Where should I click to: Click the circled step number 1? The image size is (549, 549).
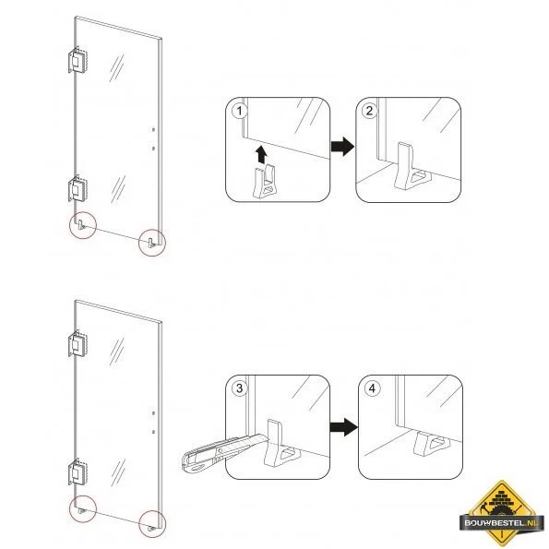(240, 112)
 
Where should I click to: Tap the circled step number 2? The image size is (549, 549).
(369, 112)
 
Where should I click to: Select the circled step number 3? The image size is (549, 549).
(240, 388)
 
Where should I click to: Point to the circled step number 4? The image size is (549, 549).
(372, 388)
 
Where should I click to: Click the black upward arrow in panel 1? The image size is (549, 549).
(261, 154)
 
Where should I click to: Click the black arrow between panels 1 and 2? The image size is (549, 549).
(342, 147)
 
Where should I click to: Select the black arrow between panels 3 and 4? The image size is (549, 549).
(343, 427)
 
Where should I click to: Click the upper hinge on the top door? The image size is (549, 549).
(78, 60)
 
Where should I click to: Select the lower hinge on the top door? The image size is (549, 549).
(78, 189)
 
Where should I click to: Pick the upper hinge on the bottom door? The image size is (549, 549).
(78, 344)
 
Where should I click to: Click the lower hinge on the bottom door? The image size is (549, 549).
(78, 472)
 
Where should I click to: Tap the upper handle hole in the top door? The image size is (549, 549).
(153, 130)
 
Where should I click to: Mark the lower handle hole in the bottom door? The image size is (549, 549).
(153, 432)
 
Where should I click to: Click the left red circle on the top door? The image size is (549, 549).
(83, 225)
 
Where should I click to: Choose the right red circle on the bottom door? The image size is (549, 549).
(152, 524)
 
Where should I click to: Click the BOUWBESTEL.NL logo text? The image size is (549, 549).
(501, 523)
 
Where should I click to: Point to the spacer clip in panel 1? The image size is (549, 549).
(265, 182)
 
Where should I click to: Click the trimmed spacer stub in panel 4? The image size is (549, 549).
(432, 444)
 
